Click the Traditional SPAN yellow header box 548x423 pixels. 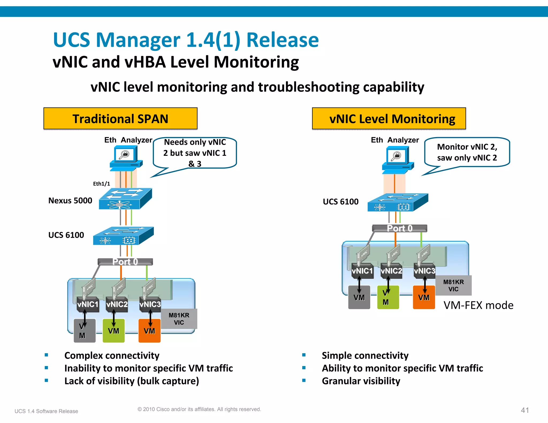(x=120, y=119)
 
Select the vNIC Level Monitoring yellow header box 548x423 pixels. (x=389, y=119)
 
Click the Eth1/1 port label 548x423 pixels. (x=101, y=184)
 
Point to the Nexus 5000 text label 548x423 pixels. (x=70, y=201)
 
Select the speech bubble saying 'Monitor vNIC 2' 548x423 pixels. (x=467, y=152)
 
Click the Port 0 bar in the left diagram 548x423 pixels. (x=125, y=262)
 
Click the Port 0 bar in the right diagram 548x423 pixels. (x=399, y=228)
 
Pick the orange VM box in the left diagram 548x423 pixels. (x=149, y=331)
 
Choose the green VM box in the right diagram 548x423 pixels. (x=388, y=297)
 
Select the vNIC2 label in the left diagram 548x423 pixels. (x=117, y=305)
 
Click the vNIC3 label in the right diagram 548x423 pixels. (x=424, y=271)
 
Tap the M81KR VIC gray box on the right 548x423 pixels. (x=453, y=286)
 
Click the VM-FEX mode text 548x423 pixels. (x=478, y=305)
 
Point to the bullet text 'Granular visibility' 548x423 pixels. (x=361, y=381)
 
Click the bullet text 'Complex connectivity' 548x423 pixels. (x=112, y=355)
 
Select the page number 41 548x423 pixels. (x=525, y=410)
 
